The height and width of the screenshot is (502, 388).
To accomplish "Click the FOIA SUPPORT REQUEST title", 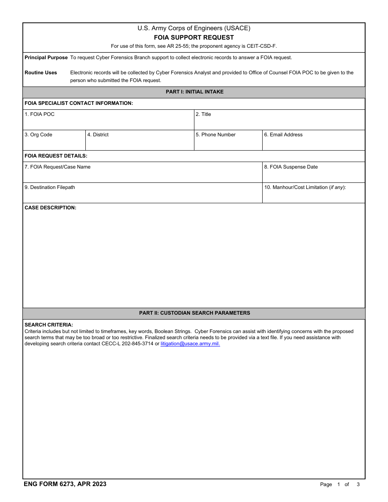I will (194, 38).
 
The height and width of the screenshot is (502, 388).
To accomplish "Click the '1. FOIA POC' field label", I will (40, 114).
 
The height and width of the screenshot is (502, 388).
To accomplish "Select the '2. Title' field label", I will (203, 114).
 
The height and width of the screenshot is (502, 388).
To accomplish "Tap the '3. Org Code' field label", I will (38, 135).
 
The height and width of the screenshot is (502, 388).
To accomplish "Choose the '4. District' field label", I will (98, 135).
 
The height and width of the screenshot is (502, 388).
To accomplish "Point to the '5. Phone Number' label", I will (216, 135).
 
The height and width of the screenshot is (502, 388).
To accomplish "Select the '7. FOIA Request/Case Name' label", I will (58, 167).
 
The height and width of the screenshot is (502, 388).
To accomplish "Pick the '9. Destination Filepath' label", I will (50, 187).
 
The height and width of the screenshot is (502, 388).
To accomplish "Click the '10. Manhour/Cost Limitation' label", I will (305, 187).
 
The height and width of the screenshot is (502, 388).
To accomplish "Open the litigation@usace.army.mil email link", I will (190, 344).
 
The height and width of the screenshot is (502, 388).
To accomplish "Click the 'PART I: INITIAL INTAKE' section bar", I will (194, 92).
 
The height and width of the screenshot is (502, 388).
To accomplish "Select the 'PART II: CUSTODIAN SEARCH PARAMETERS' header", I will (194, 313).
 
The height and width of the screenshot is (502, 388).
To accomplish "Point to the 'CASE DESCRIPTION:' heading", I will (51, 208).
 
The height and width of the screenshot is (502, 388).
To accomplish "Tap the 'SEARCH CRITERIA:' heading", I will (49, 325).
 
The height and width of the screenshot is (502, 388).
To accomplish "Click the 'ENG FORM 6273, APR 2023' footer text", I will (65, 484).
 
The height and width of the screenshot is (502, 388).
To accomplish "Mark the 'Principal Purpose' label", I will (46, 58).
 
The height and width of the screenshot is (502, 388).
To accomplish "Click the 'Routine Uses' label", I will (41, 73).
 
